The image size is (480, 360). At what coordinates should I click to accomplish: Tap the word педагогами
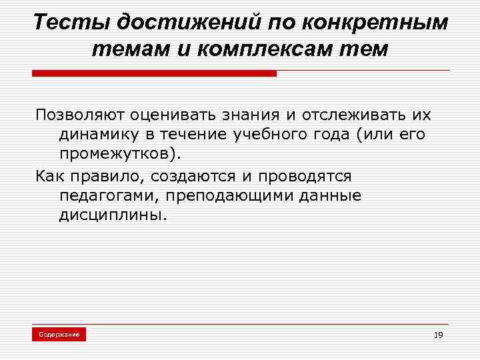pos(107,196)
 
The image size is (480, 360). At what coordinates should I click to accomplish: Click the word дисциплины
pos(109,215)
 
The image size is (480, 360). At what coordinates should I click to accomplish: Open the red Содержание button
pos(59,334)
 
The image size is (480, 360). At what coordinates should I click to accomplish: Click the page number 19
pos(437,335)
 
